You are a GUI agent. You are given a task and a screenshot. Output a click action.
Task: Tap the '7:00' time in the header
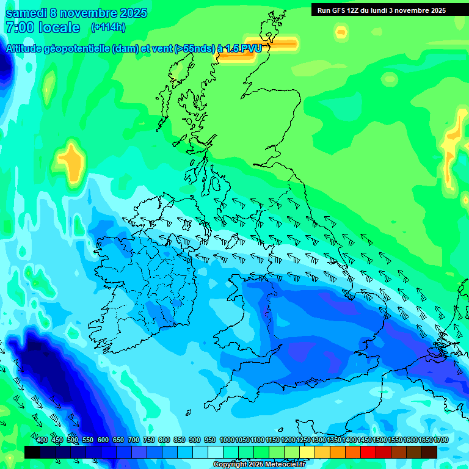click(19, 27)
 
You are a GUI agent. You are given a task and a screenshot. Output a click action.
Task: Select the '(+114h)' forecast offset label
click(108, 27)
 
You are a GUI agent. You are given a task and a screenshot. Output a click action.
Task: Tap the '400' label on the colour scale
click(42, 440)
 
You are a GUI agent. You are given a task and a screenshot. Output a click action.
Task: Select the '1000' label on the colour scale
click(227, 440)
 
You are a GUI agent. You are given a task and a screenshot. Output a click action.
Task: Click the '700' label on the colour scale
click(133, 440)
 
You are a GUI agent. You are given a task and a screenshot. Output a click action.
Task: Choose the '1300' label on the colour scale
click(319, 440)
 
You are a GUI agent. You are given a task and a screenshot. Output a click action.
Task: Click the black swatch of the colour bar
click(32, 452)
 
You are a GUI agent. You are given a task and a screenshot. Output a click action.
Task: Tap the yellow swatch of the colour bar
click(307, 452)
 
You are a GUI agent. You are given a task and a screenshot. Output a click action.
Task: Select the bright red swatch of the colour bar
click(368, 452)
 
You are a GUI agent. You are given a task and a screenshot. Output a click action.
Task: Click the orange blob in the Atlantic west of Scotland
click(72, 160)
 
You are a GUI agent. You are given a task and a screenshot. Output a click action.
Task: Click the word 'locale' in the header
click(59, 27)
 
